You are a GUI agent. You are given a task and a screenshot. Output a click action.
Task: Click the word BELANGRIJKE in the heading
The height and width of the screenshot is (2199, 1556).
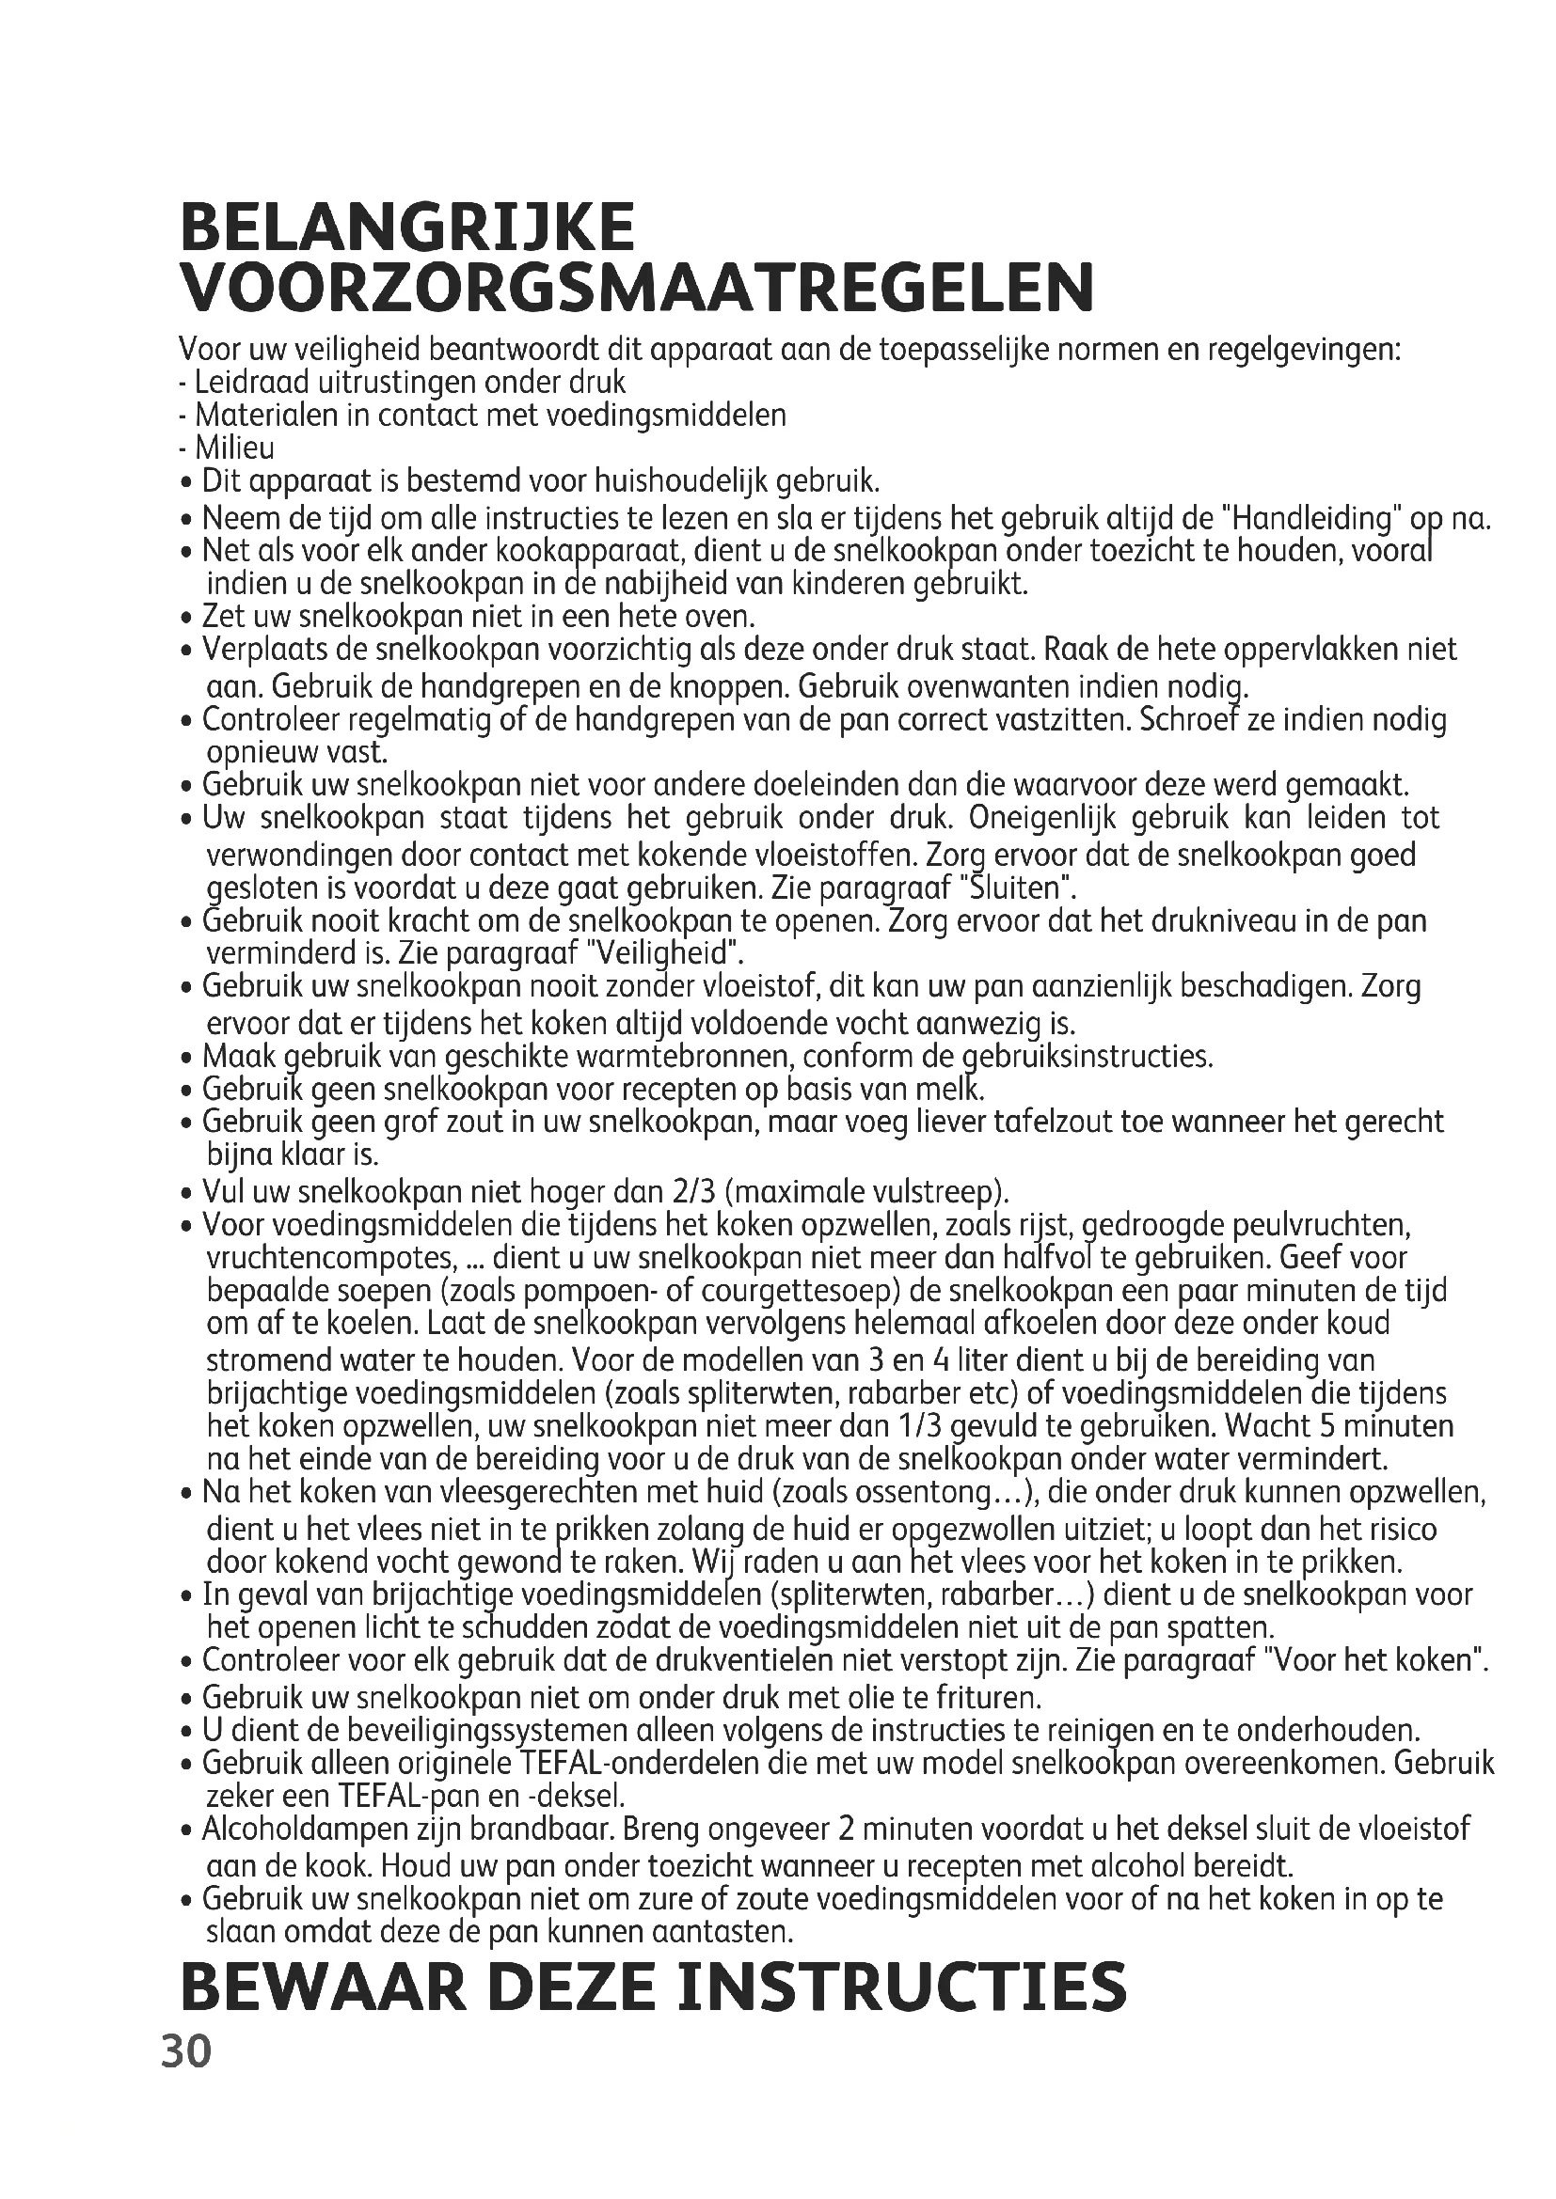[x=406, y=228]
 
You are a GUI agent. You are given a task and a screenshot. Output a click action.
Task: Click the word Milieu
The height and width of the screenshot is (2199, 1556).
[x=235, y=448]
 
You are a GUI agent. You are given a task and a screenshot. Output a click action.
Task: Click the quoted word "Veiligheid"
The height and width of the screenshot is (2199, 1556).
[x=663, y=953]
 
